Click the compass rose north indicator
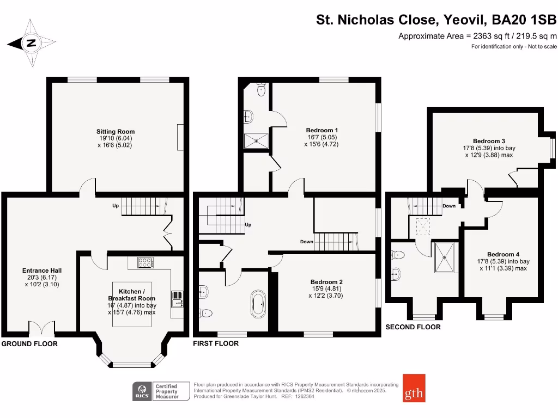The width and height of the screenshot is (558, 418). click(x=31, y=44)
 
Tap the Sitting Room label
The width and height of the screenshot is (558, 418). click(x=116, y=132)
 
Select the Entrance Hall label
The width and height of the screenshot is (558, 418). click(x=42, y=271)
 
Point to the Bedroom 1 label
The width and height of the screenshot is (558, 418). click(x=322, y=130)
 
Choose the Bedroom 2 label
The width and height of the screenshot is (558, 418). click(x=326, y=281)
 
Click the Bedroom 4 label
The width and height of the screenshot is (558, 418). click(x=503, y=254)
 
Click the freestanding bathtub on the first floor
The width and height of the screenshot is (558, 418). click(x=257, y=304)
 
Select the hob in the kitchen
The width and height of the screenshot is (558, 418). click(x=145, y=262)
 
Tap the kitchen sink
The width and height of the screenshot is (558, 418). click(x=177, y=297)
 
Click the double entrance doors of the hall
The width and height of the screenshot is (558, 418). click(x=41, y=328)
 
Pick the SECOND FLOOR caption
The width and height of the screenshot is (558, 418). click(x=413, y=327)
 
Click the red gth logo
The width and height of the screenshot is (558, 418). click(x=414, y=388)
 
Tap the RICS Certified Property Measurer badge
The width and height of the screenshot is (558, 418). click(x=161, y=391)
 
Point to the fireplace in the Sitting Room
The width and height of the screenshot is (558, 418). click(x=180, y=137)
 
